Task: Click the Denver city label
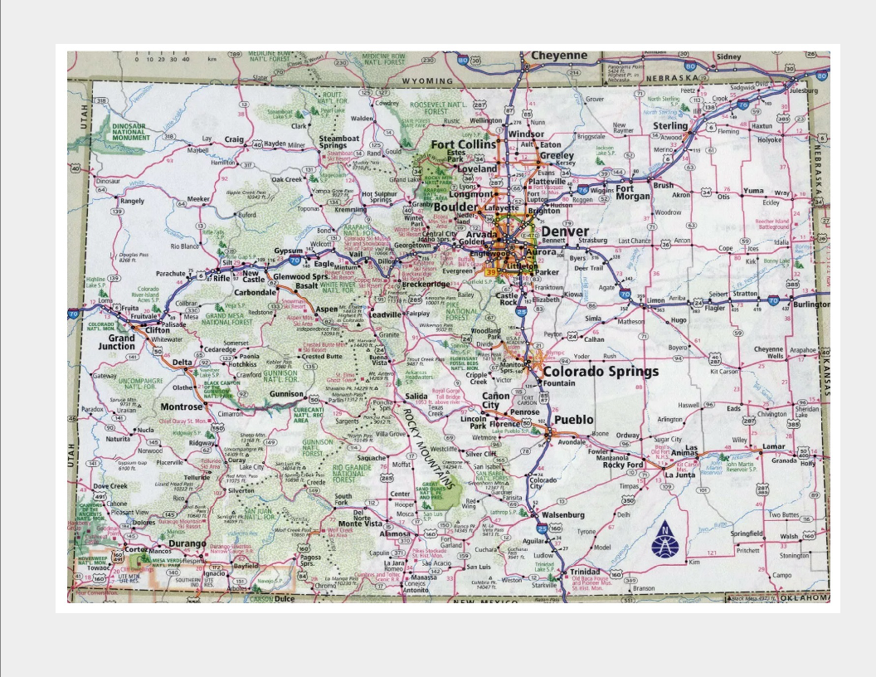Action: (x=565, y=231)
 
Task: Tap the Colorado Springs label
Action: (x=600, y=371)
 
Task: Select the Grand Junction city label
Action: (x=121, y=343)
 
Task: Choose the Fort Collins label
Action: (x=463, y=144)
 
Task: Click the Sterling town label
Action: (x=670, y=126)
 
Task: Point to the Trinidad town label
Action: (x=584, y=572)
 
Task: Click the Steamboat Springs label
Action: (x=339, y=142)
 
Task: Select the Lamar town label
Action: (x=773, y=446)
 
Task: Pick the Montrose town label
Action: (x=181, y=407)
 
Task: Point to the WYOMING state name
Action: (x=428, y=80)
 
